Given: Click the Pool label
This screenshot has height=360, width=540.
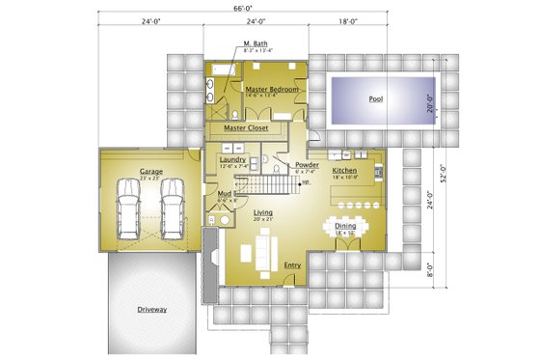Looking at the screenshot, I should pos(375,99).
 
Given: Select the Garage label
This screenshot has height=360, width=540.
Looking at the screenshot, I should pos(149,171).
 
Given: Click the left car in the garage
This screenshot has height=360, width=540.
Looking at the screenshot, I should pos(127,211).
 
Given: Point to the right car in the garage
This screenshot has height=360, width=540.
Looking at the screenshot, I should pos(172,211).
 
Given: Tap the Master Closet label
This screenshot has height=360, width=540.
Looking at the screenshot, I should pos(246,127).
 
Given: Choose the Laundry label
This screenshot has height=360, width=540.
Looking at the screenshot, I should pos(232,159).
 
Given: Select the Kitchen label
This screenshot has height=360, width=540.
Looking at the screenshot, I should pos(346,170).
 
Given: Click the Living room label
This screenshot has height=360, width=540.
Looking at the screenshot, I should pos(263,211).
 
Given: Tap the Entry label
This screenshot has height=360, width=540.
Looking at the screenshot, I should pos(293,264).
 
